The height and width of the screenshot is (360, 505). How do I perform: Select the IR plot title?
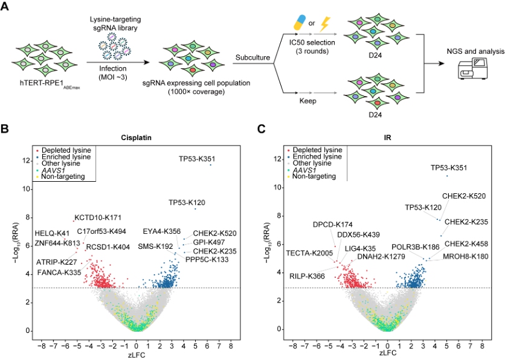coord(387,137)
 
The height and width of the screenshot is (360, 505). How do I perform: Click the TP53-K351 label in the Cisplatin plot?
coord(197,159)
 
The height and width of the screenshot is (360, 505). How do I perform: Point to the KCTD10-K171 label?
coord(98,217)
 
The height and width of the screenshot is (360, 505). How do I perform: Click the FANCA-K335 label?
coord(59,272)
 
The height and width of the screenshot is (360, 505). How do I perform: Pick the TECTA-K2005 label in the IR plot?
coord(309,253)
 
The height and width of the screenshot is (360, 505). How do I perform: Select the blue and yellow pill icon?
coord(300,24)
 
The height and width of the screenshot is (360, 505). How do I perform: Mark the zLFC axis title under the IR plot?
coord(387,355)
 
